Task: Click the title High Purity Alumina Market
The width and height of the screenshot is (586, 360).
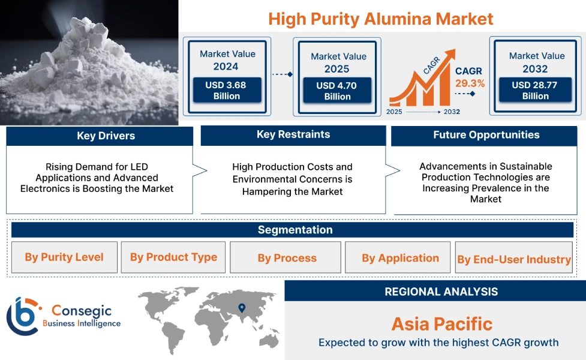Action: [x=381, y=19]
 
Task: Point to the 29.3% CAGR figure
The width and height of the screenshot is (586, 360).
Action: [x=470, y=83]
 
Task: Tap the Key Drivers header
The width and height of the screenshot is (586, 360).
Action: [x=100, y=136]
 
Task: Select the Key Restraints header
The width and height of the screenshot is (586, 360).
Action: [x=293, y=135]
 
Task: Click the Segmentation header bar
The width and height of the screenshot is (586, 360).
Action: [x=294, y=230]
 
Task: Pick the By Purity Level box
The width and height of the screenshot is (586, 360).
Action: [x=64, y=257]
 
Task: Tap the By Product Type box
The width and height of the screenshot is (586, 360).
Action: [x=173, y=257]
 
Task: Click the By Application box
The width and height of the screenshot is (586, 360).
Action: [x=400, y=258]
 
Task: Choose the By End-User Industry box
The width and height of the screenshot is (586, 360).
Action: [x=513, y=259]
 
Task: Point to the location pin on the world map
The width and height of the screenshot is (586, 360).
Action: [x=242, y=308]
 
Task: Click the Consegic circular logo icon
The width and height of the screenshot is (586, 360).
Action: [x=23, y=316]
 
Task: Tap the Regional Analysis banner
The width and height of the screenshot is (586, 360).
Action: [x=441, y=292]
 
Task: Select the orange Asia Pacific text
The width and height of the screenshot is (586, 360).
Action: [x=441, y=324]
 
